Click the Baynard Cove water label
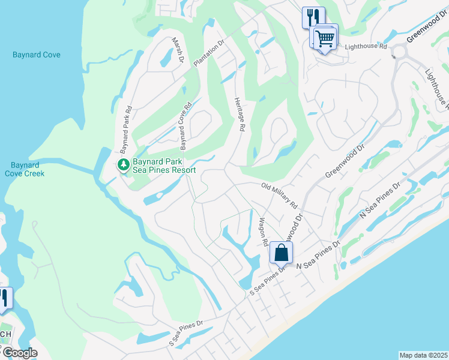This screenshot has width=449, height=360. [35, 55]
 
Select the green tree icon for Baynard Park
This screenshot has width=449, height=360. [123, 164]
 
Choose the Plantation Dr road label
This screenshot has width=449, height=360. [208, 53]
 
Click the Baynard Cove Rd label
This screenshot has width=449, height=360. [185, 125]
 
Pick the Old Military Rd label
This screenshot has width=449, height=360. [280, 196]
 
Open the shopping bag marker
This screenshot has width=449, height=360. [281, 253]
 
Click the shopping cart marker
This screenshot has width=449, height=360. [324, 38]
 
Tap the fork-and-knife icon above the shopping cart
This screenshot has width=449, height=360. [313, 17]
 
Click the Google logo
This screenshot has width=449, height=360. [19, 353]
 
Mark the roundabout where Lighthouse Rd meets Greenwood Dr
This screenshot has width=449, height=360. [400, 52]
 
